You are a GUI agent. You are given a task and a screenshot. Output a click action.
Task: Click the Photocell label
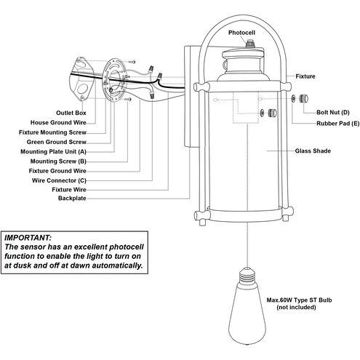[241, 33]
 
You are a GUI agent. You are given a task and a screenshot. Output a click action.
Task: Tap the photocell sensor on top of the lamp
[249, 44]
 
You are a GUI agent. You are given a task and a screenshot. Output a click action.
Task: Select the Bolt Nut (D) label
[333, 113]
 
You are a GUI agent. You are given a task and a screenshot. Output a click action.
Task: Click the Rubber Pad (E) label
[337, 124]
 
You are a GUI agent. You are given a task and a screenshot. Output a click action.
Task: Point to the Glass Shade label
[313, 151]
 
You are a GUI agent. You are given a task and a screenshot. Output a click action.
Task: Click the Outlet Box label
[71, 113]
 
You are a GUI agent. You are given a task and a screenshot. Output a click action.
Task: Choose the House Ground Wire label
[58, 123]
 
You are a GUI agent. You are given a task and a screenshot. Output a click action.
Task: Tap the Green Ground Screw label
[57, 142]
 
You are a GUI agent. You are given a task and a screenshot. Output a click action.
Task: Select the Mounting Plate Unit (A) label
[53, 152]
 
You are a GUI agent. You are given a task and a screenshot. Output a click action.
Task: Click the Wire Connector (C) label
[59, 180]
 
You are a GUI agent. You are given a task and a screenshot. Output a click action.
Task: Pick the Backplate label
[72, 199]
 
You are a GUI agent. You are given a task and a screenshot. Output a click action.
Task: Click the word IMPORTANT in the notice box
[28, 237]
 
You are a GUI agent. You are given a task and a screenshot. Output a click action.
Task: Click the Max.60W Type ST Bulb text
[299, 300]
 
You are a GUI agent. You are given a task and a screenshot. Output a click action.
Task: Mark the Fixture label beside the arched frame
[305, 76]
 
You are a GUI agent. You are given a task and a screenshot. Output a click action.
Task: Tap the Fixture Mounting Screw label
[52, 132]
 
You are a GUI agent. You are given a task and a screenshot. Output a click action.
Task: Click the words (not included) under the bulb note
[296, 308]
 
